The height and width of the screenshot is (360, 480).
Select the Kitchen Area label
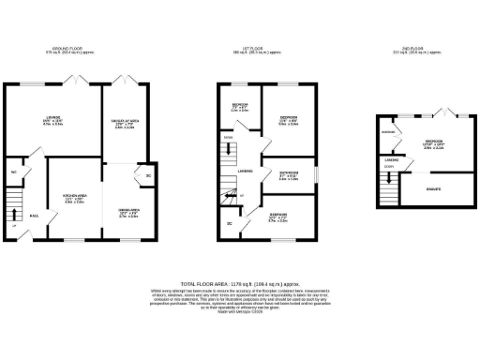click(x=78, y=198)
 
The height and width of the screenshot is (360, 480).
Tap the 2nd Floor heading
click(x=413, y=50)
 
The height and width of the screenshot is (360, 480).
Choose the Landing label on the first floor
click(x=245, y=172)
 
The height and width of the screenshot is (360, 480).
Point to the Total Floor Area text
click(x=239, y=282)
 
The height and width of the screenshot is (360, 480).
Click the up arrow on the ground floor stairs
click(x=14, y=227)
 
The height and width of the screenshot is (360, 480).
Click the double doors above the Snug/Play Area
click(x=125, y=79)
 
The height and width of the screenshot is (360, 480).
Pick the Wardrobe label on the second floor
click(x=388, y=132)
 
